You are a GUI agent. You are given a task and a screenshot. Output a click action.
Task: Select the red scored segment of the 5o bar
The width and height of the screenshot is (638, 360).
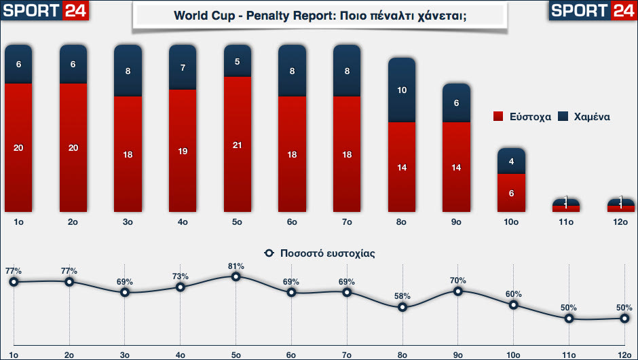[x=237, y=144]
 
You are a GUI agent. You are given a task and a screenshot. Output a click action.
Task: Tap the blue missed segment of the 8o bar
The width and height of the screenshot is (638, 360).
[x=401, y=90]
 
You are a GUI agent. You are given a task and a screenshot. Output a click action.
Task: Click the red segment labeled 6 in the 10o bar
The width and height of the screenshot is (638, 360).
[x=510, y=193]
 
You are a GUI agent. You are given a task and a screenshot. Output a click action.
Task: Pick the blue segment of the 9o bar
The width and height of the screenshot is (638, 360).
[x=456, y=103]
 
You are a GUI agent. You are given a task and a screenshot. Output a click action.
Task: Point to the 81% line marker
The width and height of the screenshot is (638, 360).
[x=236, y=276]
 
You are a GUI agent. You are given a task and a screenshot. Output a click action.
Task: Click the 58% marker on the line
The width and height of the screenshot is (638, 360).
[x=402, y=307]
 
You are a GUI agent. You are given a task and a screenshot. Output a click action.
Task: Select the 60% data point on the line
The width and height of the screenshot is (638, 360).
[x=513, y=304]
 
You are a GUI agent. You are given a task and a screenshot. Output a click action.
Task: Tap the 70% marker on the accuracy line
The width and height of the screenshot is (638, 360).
[x=458, y=291]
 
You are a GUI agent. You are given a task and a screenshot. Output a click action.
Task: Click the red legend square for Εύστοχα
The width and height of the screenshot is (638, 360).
[x=498, y=117]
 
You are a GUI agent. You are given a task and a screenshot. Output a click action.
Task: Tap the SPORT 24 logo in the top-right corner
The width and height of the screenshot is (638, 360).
[x=591, y=10]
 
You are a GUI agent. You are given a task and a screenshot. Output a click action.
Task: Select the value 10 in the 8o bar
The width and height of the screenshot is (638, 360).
[x=401, y=90]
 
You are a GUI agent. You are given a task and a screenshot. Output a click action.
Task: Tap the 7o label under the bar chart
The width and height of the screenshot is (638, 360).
[x=346, y=222]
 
